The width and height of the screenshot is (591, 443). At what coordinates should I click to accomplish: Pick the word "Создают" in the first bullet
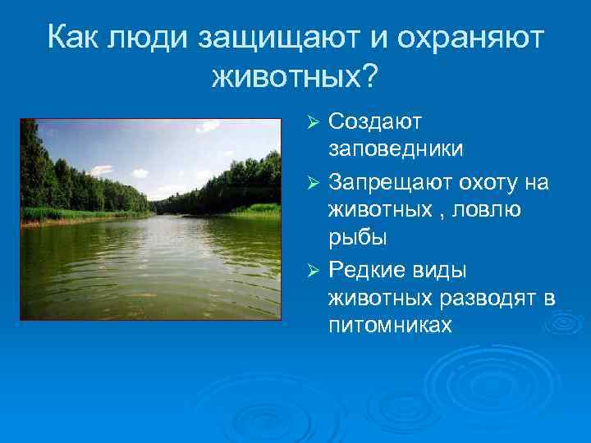(374, 121)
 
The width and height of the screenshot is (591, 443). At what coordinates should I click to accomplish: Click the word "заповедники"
(396, 149)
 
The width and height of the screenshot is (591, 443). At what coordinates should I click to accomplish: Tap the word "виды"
(444, 270)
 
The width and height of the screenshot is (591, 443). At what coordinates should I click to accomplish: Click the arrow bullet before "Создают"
(312, 122)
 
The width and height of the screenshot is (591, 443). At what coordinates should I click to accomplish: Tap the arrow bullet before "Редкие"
(312, 271)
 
